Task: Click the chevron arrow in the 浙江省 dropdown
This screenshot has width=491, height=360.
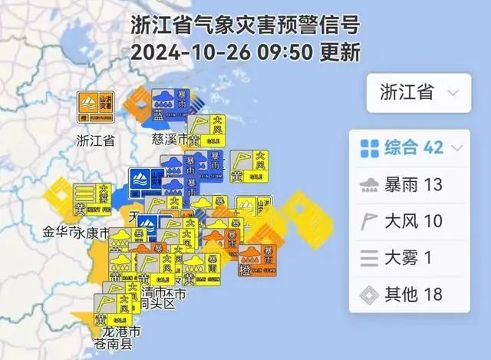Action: (453, 94)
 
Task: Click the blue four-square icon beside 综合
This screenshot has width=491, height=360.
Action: (370, 147)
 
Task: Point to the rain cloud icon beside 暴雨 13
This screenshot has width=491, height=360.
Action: (370, 184)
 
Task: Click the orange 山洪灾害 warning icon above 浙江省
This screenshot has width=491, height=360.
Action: (97, 107)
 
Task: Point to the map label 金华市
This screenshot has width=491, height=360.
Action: (56, 231)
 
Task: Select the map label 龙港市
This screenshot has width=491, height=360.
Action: (122, 332)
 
